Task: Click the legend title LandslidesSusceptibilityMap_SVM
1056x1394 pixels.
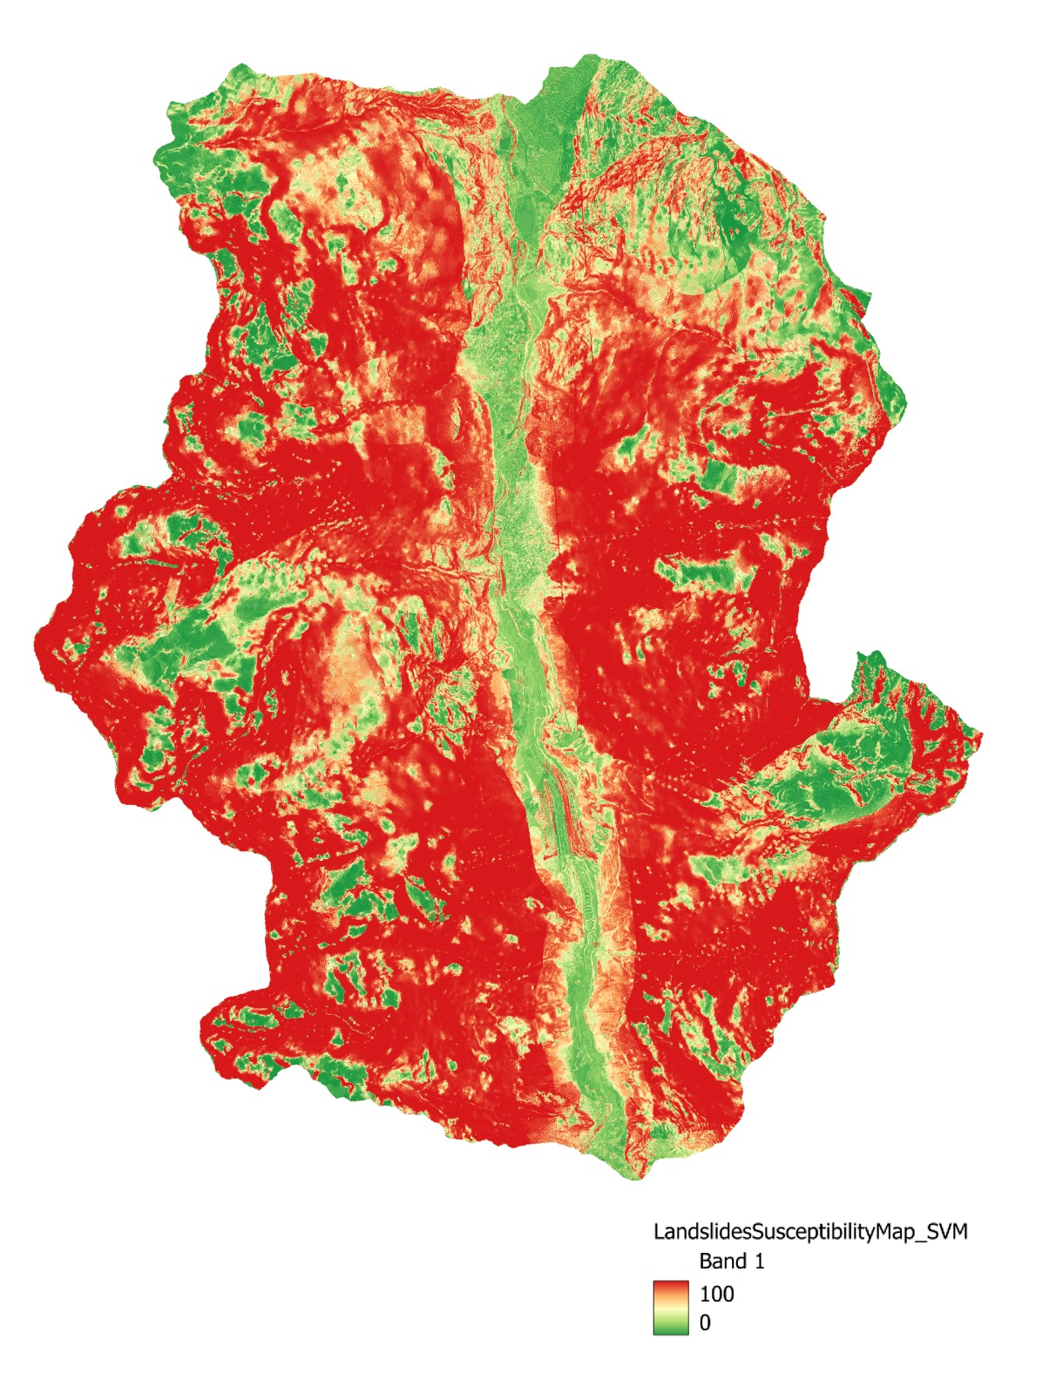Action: (x=810, y=1231)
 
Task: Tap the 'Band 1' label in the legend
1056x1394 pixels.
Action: (x=732, y=1261)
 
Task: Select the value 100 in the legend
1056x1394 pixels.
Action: (x=716, y=1294)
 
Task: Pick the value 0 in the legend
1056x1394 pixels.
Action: (x=705, y=1323)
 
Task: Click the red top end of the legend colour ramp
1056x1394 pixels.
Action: (x=670, y=1285)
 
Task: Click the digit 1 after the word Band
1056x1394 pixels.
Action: (x=759, y=1261)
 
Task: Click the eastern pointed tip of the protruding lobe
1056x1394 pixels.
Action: (x=981, y=736)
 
